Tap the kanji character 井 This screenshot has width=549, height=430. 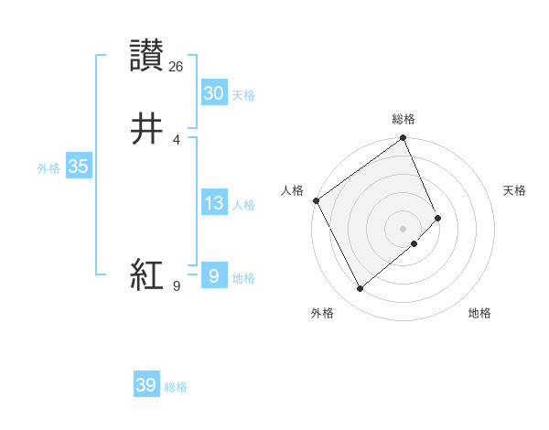[146, 128]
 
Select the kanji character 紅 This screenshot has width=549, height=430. [146, 273]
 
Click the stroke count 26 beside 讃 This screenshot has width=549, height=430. [177, 66]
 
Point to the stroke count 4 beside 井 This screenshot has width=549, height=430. [177, 139]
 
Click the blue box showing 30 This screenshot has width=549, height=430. [213, 93]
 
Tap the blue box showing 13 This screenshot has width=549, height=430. [213, 203]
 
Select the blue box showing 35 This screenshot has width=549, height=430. [78, 167]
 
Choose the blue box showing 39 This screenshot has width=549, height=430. [145, 385]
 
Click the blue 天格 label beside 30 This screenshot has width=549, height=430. [243, 95]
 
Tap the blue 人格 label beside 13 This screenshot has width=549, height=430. [243, 205]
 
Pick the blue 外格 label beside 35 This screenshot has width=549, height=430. [48, 168]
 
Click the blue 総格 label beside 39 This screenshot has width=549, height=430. [176, 387]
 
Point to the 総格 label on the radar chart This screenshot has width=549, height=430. [404, 119]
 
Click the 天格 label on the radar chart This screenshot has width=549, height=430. [514, 190]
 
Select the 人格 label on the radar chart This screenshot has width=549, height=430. [292, 190]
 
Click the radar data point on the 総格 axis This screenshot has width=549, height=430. [404, 139]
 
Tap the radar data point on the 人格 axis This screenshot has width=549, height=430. [316, 200]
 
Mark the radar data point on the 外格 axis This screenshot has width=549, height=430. [360, 289]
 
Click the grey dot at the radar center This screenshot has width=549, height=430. [404, 228]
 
